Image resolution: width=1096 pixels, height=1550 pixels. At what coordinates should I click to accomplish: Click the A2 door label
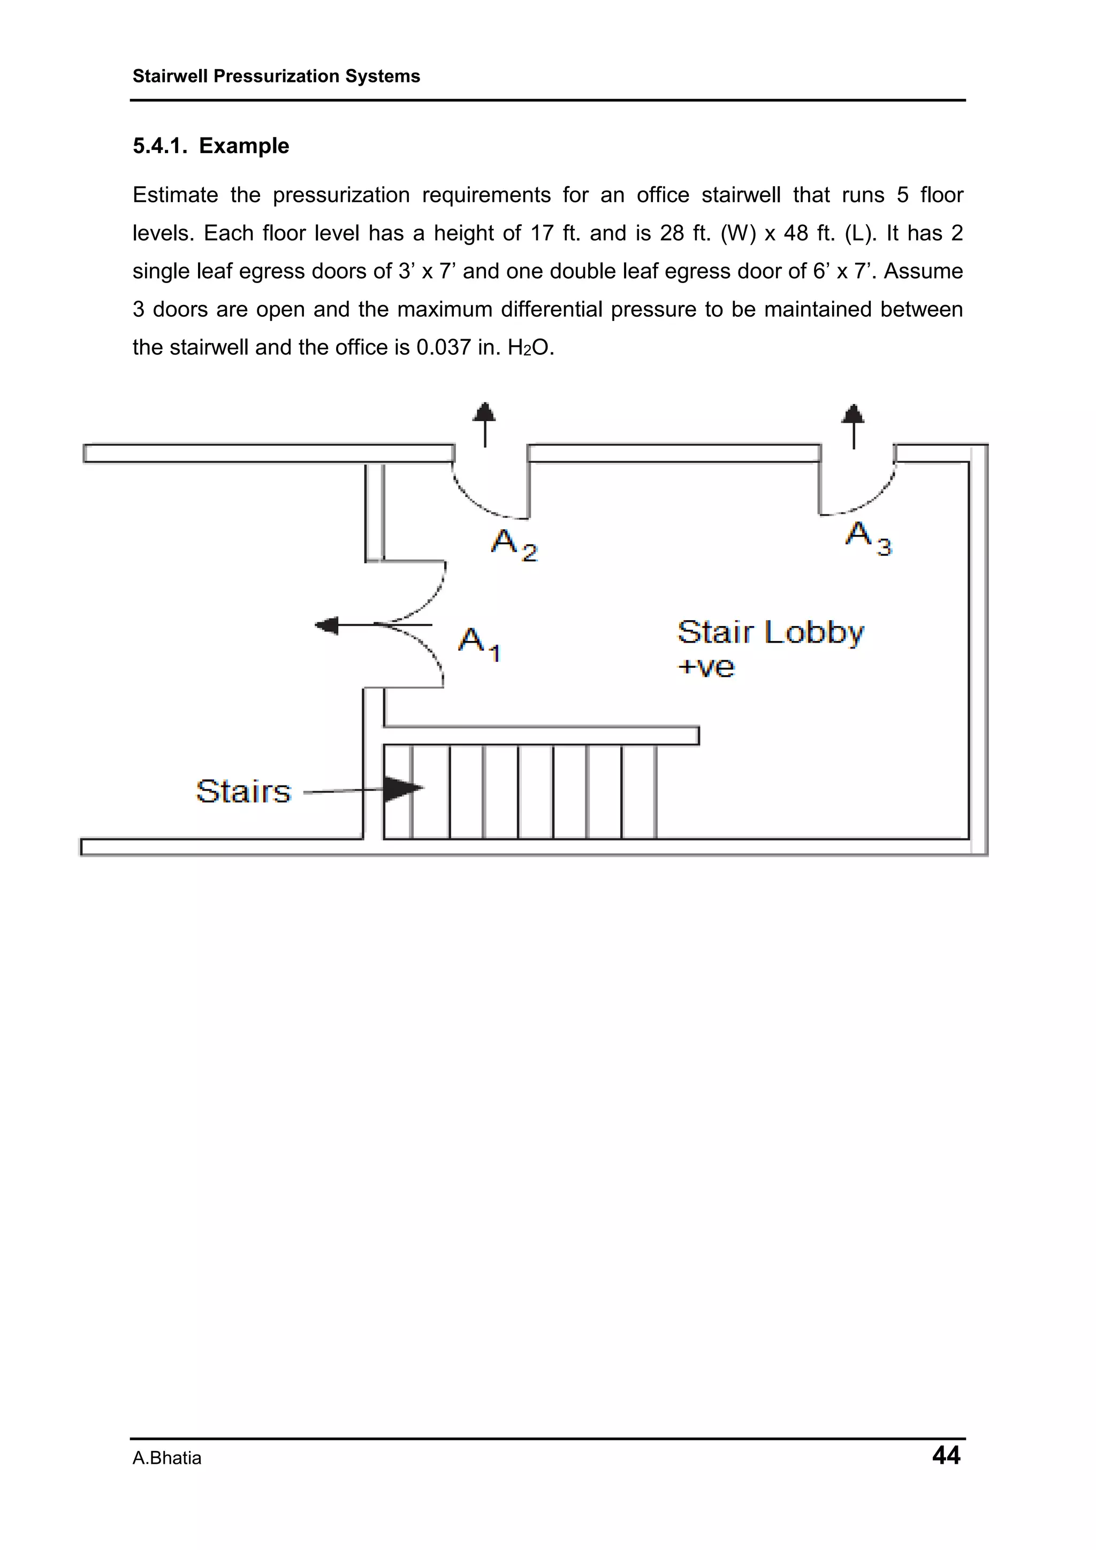[x=513, y=544]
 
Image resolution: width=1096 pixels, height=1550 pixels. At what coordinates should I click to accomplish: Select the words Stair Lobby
[x=770, y=632]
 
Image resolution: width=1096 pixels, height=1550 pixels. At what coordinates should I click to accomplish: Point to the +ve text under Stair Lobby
[x=706, y=667]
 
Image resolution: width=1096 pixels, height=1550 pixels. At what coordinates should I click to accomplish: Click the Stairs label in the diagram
[x=243, y=791]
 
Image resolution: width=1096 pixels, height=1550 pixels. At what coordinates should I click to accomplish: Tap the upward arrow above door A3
[x=854, y=425]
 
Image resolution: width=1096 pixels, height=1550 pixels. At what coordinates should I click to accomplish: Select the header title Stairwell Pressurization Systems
[x=276, y=77]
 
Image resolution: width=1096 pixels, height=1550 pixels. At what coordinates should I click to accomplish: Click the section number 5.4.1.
[x=159, y=146]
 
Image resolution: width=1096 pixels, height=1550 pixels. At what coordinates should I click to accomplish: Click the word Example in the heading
[x=244, y=146]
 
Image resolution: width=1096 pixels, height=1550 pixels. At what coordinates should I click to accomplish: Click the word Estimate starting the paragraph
[x=176, y=195]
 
